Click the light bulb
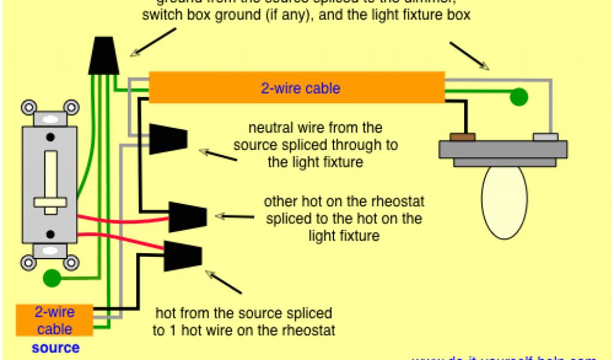[505, 201]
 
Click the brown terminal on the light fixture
[462, 137]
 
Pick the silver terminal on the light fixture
[546, 137]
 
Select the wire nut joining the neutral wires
[168, 139]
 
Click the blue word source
[55, 348]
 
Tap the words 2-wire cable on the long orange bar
[300, 89]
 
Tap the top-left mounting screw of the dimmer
[28, 108]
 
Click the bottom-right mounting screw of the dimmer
[71, 262]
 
